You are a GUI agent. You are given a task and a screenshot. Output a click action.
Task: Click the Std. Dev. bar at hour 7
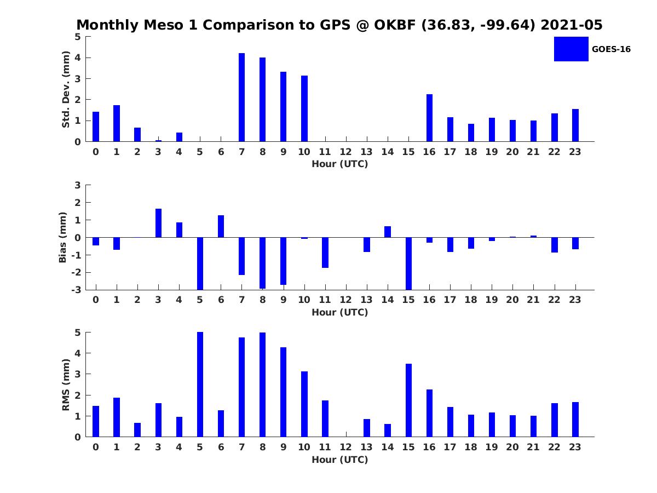pyautogui.click(x=241, y=98)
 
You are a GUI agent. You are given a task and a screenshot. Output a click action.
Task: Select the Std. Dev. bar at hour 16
pyautogui.click(x=429, y=118)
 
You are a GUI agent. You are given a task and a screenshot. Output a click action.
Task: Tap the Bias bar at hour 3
pyautogui.click(x=158, y=223)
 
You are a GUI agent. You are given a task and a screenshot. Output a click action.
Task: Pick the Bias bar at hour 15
pyautogui.click(x=408, y=263)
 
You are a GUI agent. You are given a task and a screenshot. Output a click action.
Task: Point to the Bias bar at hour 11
pyautogui.click(x=325, y=253)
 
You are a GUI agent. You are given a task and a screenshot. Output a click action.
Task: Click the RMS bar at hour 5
pyautogui.click(x=200, y=385)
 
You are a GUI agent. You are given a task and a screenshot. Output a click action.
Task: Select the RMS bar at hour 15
pyautogui.click(x=408, y=400)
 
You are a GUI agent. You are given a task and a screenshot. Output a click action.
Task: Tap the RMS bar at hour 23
pyautogui.click(x=575, y=420)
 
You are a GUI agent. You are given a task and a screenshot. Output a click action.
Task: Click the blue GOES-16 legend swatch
pyautogui.click(x=571, y=49)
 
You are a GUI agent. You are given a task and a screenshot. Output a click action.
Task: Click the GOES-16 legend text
pyautogui.click(x=611, y=49)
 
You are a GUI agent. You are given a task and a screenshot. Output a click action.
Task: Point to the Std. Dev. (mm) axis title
pyautogui.click(x=66, y=89)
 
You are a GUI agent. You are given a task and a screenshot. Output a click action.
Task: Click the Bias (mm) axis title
pyautogui.click(x=63, y=238)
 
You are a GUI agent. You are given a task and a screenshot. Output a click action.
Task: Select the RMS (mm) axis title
pyautogui.click(x=66, y=385)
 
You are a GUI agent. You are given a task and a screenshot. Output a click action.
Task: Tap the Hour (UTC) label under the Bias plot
pyautogui.click(x=339, y=312)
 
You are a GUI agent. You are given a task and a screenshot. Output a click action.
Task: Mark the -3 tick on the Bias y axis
pyautogui.click(x=77, y=290)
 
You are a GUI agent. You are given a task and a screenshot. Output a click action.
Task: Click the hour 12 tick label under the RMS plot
pyautogui.click(x=345, y=447)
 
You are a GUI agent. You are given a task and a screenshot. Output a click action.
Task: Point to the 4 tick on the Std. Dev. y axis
pyautogui.click(x=78, y=58)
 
